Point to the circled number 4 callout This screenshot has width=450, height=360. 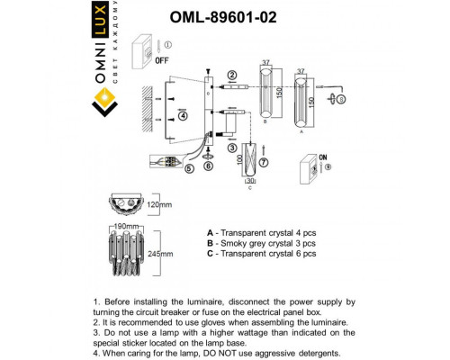(x=183, y=115)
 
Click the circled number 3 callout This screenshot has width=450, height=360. (x=231, y=148)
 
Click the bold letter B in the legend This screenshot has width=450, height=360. (x=210, y=243)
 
